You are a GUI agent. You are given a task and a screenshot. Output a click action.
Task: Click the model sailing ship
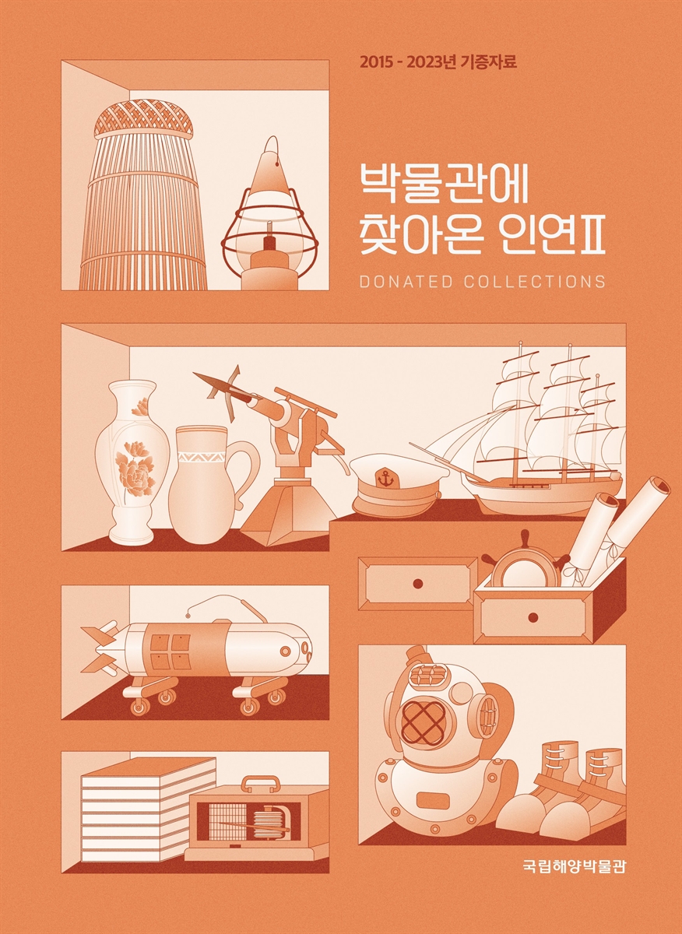click(x=529, y=444)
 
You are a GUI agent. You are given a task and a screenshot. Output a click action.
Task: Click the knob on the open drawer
click(x=533, y=618)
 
